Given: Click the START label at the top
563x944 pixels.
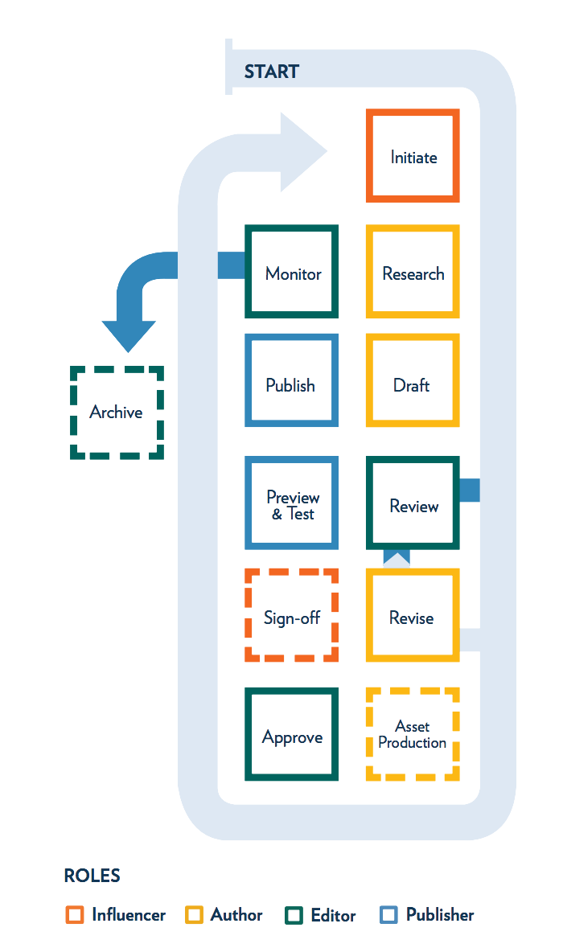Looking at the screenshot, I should click(271, 72).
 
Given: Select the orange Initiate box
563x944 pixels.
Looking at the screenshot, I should click(413, 156).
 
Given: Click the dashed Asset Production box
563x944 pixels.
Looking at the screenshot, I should click(413, 734).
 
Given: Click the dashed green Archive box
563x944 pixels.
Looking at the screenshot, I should click(117, 412).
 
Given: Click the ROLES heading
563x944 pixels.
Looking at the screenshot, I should click(92, 876).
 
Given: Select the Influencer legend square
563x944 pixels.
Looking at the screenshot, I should click(75, 915).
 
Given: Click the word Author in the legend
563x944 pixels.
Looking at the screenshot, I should click(236, 915).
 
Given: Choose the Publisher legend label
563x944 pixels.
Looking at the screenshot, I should click(440, 915).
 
